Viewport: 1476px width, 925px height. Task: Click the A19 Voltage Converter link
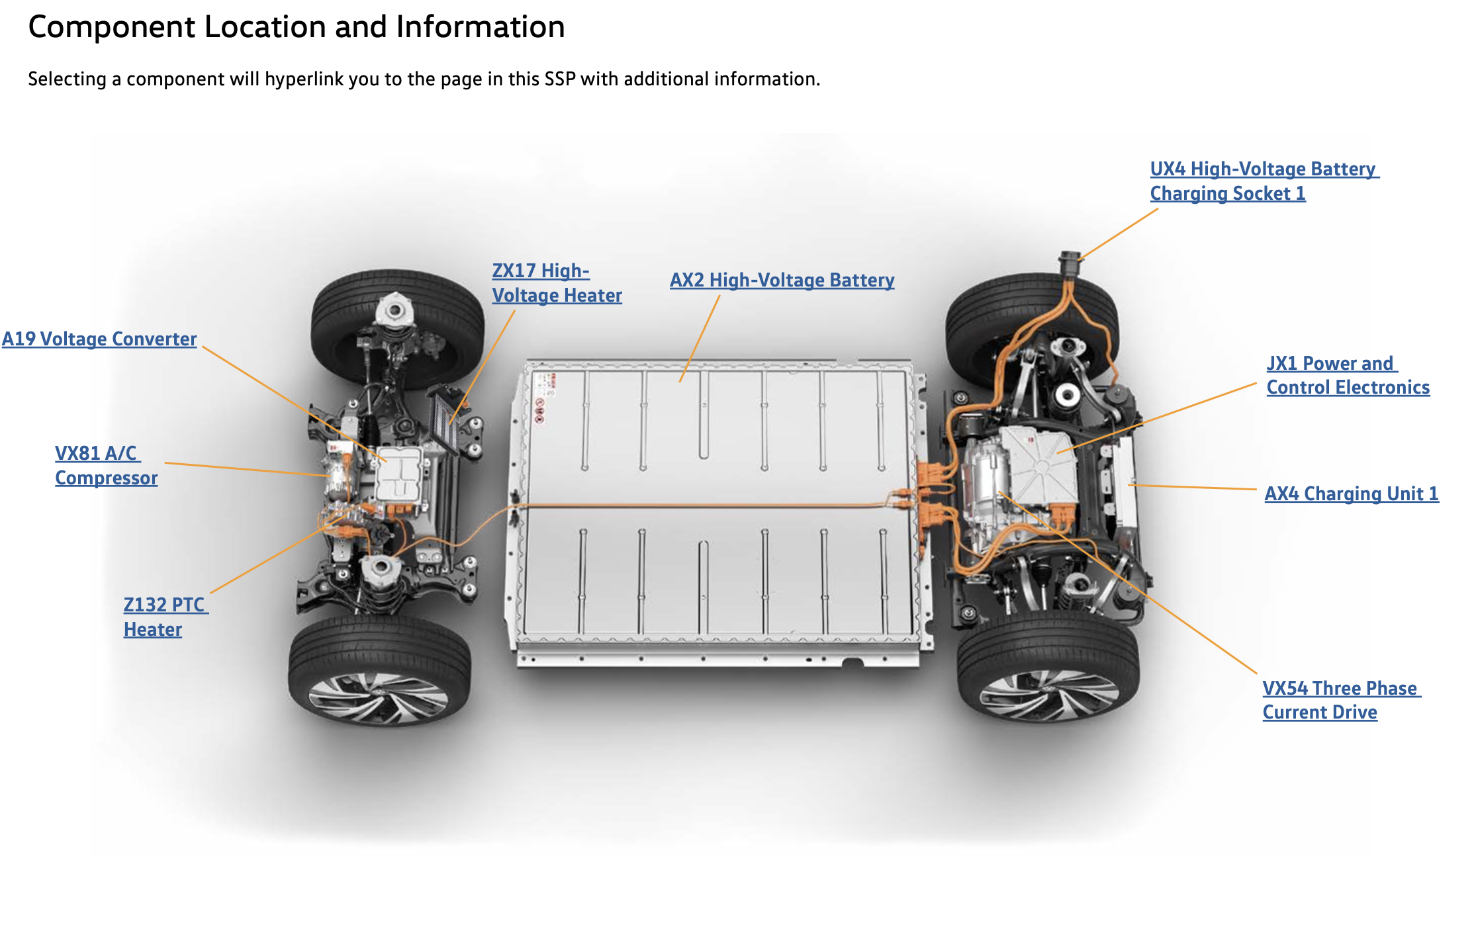tap(99, 339)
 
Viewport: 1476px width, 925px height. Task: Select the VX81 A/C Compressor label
tap(106, 466)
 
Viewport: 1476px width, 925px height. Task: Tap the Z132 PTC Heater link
tap(163, 617)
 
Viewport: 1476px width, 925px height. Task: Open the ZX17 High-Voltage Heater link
tap(556, 283)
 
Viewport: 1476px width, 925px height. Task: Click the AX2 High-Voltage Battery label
tap(782, 281)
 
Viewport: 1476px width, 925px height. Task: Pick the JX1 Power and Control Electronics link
tap(1347, 375)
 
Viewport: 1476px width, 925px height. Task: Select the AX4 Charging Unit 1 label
tap(1351, 494)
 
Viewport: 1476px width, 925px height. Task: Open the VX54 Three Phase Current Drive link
tap(1340, 700)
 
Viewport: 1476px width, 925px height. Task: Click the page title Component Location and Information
tap(297, 27)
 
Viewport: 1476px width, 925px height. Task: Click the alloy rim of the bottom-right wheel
tap(1048, 695)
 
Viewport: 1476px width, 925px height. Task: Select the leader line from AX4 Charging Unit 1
tap(1191, 488)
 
